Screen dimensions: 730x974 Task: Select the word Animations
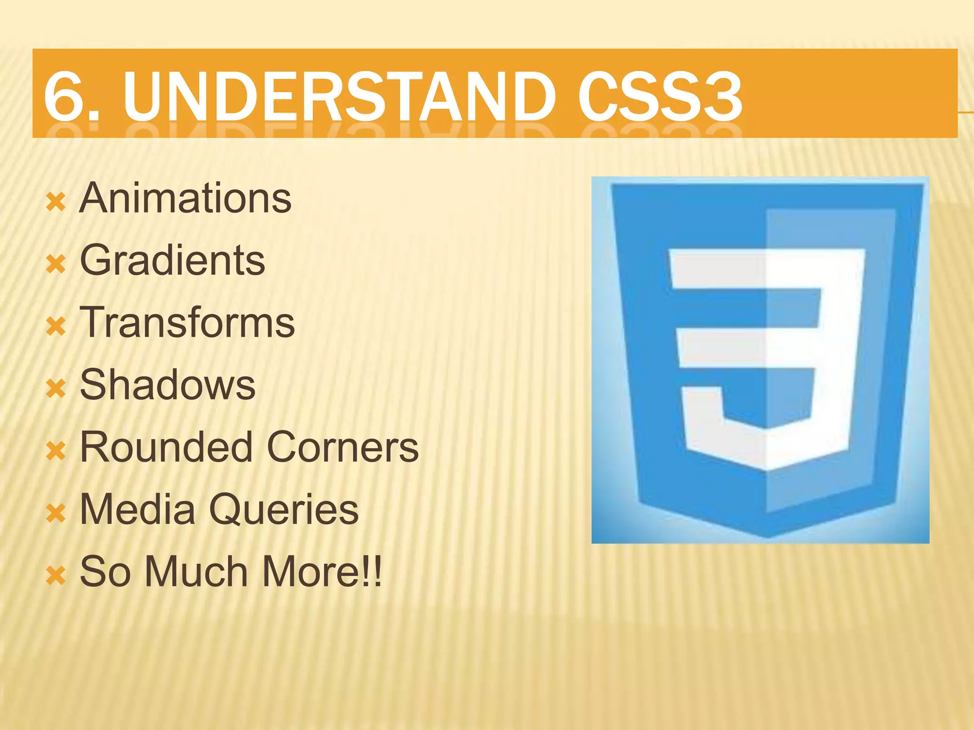pyautogui.click(x=185, y=198)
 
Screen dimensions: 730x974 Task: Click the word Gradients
pyautogui.click(x=172, y=260)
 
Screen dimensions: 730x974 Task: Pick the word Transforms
pyautogui.click(x=187, y=323)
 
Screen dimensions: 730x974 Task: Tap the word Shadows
pyautogui.click(x=167, y=385)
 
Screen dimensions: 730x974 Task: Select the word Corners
pyautogui.click(x=342, y=447)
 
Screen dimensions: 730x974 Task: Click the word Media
pyautogui.click(x=137, y=509)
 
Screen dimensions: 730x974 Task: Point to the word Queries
pyautogui.click(x=283, y=509)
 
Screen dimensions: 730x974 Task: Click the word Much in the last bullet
pyautogui.click(x=196, y=571)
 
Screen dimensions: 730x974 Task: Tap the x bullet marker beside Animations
pyautogui.click(x=56, y=202)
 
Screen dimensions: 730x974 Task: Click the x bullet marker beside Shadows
pyautogui.click(x=56, y=389)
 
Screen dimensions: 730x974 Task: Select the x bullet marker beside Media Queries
pyautogui.click(x=56, y=513)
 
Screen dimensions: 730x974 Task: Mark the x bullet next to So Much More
pyautogui.click(x=56, y=576)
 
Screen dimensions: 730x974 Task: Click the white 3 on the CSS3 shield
pyautogui.click(x=766, y=356)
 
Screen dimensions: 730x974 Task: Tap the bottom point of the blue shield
pyautogui.click(x=767, y=536)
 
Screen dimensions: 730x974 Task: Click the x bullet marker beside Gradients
pyautogui.click(x=56, y=264)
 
